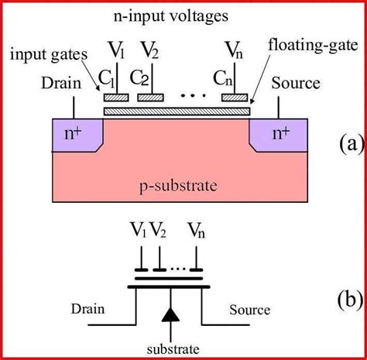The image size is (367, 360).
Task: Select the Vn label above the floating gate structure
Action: [232, 52]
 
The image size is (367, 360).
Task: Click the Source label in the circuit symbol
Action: [250, 310]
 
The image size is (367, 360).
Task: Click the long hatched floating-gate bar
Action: [177, 112]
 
